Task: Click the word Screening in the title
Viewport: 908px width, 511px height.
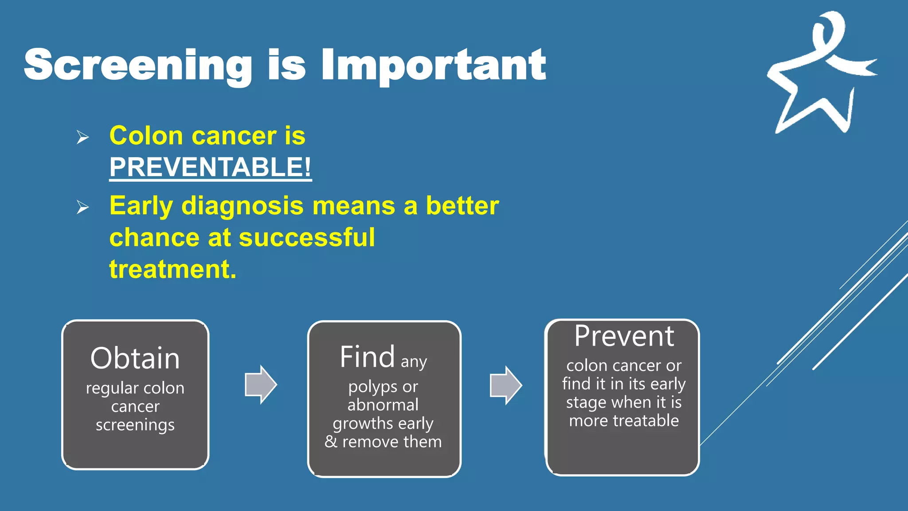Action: pyautogui.click(x=137, y=65)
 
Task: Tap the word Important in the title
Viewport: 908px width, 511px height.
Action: pyautogui.click(x=434, y=65)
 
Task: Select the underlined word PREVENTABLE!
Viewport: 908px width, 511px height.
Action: pyautogui.click(x=210, y=167)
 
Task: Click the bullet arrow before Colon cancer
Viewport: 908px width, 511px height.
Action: pyautogui.click(x=82, y=137)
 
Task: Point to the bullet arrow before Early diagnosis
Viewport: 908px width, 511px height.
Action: pyautogui.click(x=82, y=207)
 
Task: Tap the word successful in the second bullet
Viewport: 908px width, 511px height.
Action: pyautogui.click(x=307, y=237)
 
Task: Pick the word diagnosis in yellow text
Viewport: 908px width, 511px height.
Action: pyautogui.click(x=243, y=206)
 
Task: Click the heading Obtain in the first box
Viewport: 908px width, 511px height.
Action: pyautogui.click(x=135, y=358)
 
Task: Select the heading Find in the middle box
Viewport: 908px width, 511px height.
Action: pyautogui.click(x=367, y=357)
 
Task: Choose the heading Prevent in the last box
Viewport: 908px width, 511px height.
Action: pyautogui.click(x=624, y=336)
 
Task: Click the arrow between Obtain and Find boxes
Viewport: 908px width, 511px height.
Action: pyautogui.click(x=261, y=385)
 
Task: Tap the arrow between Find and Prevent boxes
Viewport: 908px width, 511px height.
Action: pyautogui.click(x=505, y=385)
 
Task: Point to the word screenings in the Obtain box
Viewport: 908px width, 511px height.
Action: pyautogui.click(x=135, y=425)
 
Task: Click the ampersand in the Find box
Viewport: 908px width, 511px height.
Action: pyautogui.click(x=331, y=442)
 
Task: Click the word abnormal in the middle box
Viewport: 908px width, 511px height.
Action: pyautogui.click(x=383, y=405)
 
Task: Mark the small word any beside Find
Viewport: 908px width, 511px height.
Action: pyautogui.click(x=414, y=362)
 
